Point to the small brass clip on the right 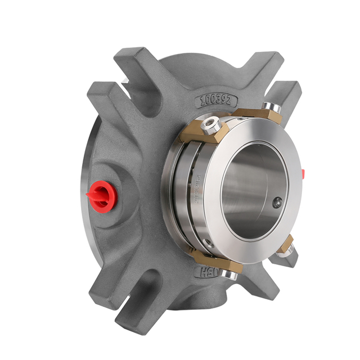pos(286,245)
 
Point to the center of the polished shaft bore pos(251,188)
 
